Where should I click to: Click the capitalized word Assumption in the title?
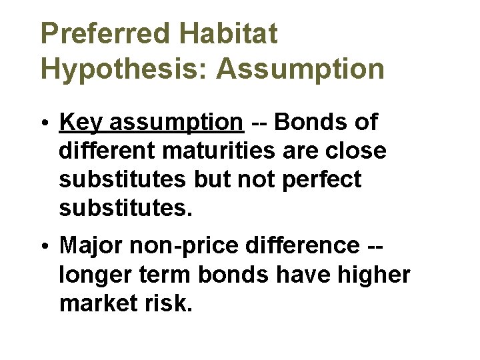pos(300,69)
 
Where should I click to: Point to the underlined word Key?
pos(81,123)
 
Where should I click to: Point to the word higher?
pos(373,275)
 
